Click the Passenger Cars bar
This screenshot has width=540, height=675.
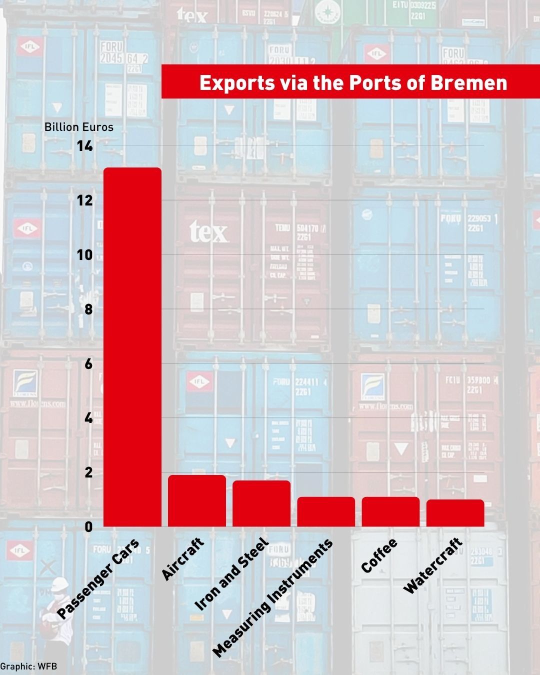pos(132,347)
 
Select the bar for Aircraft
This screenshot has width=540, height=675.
pos(196,500)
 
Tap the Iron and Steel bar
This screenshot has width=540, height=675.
pos(261,503)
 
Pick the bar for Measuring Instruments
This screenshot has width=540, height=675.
pos(326,511)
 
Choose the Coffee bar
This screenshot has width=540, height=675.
pos(390,511)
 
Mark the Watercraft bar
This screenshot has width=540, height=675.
pos(455,513)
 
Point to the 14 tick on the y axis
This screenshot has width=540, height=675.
pos(84,146)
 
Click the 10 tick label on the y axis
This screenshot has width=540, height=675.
pos(84,254)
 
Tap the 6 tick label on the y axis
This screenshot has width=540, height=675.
pos(88,363)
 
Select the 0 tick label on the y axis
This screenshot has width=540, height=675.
pos(88,526)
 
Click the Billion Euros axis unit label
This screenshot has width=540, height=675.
pos(79,127)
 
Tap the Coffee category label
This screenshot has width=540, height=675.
pos(379,555)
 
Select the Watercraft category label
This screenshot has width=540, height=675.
pos(432,565)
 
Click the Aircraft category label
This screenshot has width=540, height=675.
pos(183,559)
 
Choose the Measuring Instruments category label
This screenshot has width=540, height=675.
pos(272,598)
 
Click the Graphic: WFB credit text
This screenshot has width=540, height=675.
pos(28,666)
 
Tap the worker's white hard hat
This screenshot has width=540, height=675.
pos(59,583)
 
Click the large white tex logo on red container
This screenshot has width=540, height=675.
pos(208,232)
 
